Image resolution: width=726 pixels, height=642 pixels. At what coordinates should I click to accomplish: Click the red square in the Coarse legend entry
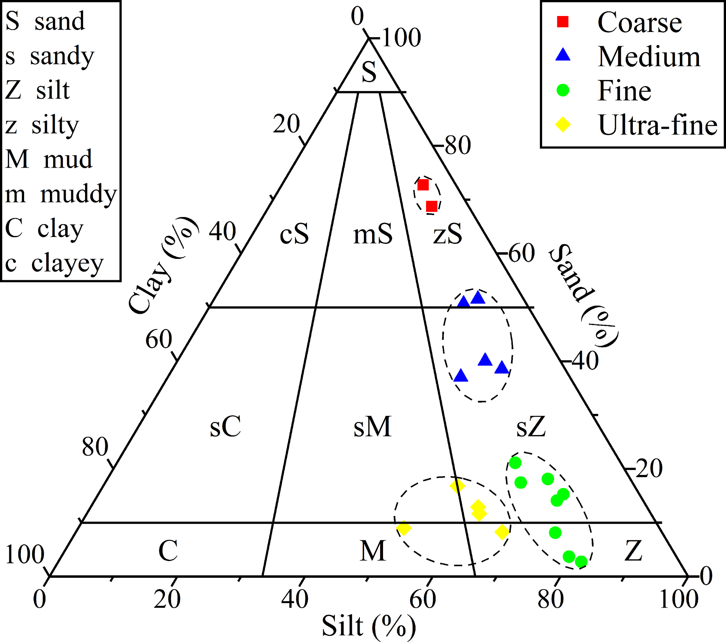click(x=563, y=22)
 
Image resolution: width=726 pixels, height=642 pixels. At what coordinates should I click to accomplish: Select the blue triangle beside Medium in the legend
click(x=563, y=55)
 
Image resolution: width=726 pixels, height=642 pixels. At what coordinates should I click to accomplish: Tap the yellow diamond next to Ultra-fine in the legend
click(x=563, y=124)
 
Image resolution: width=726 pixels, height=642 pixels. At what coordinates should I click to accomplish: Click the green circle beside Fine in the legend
click(x=563, y=90)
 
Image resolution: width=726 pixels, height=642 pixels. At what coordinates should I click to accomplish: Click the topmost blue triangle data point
click(x=478, y=298)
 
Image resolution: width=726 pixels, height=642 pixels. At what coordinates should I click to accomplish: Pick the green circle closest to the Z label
click(x=581, y=562)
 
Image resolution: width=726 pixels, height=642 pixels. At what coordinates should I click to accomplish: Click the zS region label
click(x=448, y=234)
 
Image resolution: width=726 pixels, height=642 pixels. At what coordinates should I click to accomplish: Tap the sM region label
click(x=372, y=426)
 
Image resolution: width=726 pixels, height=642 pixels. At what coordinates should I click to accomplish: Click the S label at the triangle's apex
click(x=369, y=72)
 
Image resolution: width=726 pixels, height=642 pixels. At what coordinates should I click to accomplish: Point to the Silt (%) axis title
click(x=369, y=626)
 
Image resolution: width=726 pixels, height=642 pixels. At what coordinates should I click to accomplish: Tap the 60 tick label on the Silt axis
click(x=422, y=599)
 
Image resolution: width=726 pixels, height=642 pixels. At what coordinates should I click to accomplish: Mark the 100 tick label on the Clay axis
click(x=24, y=554)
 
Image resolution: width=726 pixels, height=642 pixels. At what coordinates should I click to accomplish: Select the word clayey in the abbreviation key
click(x=67, y=263)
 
